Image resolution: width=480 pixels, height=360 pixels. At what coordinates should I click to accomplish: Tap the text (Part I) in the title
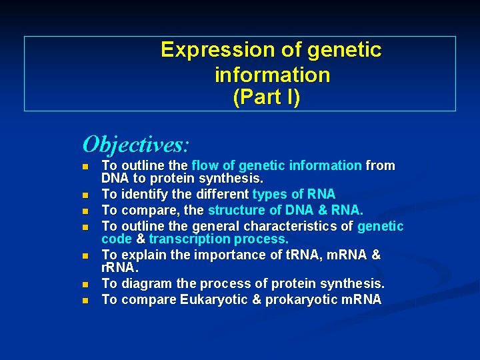[x=267, y=97]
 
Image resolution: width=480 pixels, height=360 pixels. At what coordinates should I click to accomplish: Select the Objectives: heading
[x=136, y=143]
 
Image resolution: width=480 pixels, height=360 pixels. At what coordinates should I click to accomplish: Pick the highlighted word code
[x=116, y=239]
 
